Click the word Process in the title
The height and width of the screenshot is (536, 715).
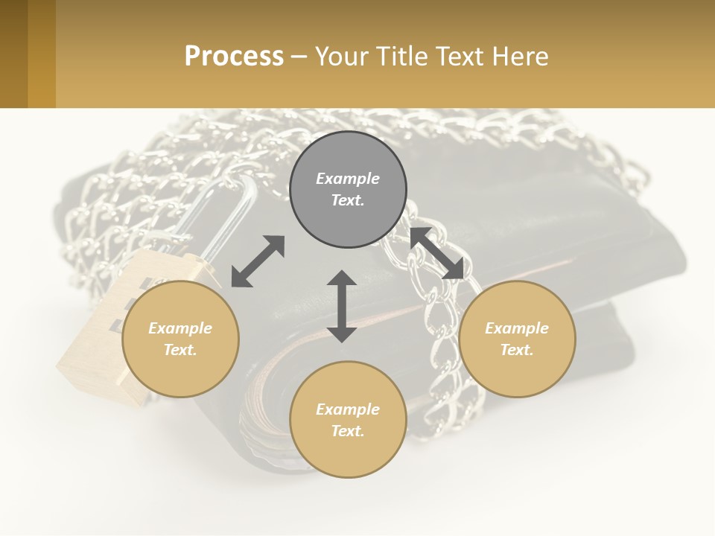click(234, 57)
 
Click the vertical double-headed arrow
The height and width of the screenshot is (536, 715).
click(342, 306)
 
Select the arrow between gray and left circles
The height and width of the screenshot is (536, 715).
click(258, 261)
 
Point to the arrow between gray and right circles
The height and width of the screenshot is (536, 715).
click(436, 253)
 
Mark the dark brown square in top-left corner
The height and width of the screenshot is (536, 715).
click(13, 54)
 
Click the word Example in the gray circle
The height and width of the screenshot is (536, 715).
click(348, 179)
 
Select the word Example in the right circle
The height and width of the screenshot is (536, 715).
click(517, 328)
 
